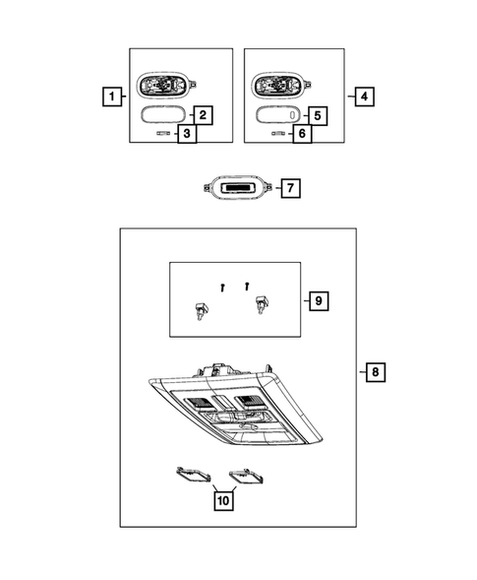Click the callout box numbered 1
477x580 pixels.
pos(112,97)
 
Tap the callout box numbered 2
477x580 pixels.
pos(203,115)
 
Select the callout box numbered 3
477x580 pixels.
pos(187,133)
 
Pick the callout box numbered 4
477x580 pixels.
pos(364,97)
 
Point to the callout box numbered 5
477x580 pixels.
pos(318,116)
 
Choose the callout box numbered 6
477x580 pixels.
pos(302,134)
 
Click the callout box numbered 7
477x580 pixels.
pos(290,188)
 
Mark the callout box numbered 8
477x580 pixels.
pos(376,372)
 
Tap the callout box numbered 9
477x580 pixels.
pos(319,300)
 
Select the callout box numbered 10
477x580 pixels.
pos(223,501)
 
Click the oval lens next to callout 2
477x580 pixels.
pos(163,114)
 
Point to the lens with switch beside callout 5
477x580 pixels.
pos(278,114)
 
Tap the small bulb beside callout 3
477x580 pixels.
pos(163,133)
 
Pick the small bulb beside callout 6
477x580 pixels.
pos(278,133)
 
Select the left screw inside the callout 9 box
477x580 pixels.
pos(222,288)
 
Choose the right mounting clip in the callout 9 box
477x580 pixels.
pos(262,304)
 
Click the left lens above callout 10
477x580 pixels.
pos(193,474)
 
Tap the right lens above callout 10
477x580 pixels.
pos(246,476)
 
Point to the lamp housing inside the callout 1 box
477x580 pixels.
pos(166,85)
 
